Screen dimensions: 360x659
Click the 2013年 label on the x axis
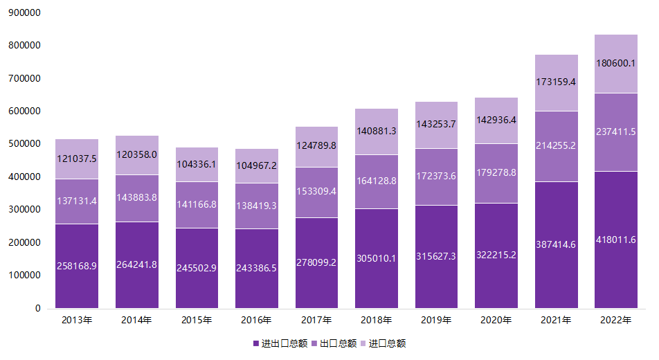tap(76, 320)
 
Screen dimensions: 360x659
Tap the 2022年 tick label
tap(615, 320)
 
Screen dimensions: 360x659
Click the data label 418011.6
tap(615, 240)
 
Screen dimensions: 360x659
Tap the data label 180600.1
tap(615, 63)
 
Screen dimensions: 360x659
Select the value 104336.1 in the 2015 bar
tap(197, 164)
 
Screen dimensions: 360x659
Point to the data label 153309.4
tap(316, 191)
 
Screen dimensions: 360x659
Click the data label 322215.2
tap(496, 255)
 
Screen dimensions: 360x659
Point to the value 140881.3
tap(376, 130)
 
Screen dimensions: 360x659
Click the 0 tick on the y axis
tap(38, 308)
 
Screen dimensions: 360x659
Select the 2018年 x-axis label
tap(376, 320)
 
